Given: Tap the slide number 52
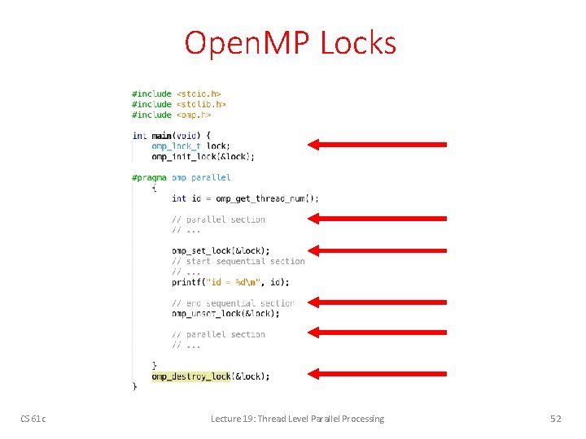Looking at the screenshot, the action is pos(556,419).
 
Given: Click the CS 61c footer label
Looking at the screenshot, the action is pos(33,419).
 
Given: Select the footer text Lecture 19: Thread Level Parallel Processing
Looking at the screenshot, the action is pos(297,419).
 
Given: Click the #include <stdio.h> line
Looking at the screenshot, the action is pos(176,93).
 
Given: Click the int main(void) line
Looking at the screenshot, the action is pos(172,135).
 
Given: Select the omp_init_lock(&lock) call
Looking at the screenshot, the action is pos(203,156).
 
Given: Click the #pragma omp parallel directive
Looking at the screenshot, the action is pos(181,177).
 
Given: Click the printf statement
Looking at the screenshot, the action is pos(230,282).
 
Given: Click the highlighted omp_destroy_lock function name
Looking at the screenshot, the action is pos(191,376).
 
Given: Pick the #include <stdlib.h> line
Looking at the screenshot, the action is pos(178,104).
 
